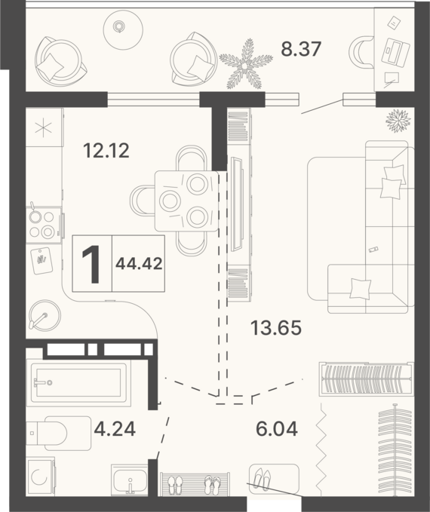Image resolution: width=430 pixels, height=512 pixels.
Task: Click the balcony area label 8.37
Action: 301,49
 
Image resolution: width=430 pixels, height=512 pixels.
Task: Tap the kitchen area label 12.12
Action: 106,151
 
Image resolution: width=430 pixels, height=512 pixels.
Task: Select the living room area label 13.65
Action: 276,328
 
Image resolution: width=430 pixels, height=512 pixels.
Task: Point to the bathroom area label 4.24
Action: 115,429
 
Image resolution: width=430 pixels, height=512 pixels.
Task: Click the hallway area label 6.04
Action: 277,429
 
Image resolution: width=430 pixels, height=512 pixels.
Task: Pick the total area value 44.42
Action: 139,263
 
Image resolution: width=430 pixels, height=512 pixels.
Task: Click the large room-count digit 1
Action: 91,264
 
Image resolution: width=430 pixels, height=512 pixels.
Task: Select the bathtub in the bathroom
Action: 78,383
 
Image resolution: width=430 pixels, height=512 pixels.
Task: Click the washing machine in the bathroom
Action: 41,477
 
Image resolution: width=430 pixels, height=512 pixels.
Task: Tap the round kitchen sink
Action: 45,316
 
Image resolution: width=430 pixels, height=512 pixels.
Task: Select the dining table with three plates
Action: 186,201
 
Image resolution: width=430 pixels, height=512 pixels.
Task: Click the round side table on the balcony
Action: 123,30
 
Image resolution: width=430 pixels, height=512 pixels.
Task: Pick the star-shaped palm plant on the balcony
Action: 246,65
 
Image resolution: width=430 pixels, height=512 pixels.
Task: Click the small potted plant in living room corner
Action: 398,120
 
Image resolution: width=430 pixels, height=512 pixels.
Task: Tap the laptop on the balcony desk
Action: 395,51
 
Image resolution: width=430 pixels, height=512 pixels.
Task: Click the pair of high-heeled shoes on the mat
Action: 262,480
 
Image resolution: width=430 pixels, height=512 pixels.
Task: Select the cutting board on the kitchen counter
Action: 41,261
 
